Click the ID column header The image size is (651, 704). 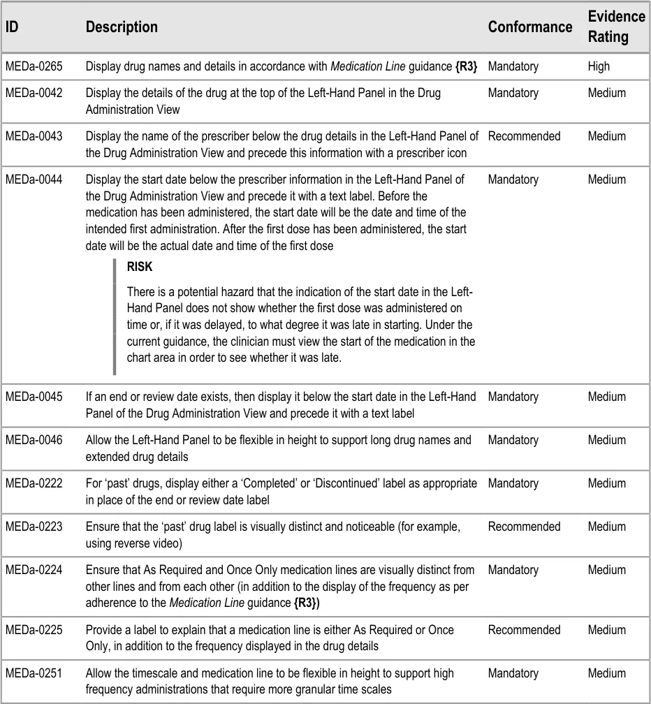(11, 27)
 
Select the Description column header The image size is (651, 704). (122, 27)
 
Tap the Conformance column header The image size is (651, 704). (529, 27)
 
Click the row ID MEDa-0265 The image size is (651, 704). (34, 66)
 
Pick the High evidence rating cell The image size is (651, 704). (599, 66)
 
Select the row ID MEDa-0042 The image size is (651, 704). (34, 93)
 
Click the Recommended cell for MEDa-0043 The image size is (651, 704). (524, 136)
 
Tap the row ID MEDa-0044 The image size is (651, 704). (34, 179)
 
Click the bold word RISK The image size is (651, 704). (139, 267)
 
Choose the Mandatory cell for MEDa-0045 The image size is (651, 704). (513, 397)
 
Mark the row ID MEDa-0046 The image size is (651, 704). (34, 440)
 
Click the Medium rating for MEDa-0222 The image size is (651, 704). (606, 483)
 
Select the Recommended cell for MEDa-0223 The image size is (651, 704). (524, 527)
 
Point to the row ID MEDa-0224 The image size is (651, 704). (34, 570)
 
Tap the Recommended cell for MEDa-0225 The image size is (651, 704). (524, 630)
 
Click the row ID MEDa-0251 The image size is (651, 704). (34, 673)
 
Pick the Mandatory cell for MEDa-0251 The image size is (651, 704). (513, 673)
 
